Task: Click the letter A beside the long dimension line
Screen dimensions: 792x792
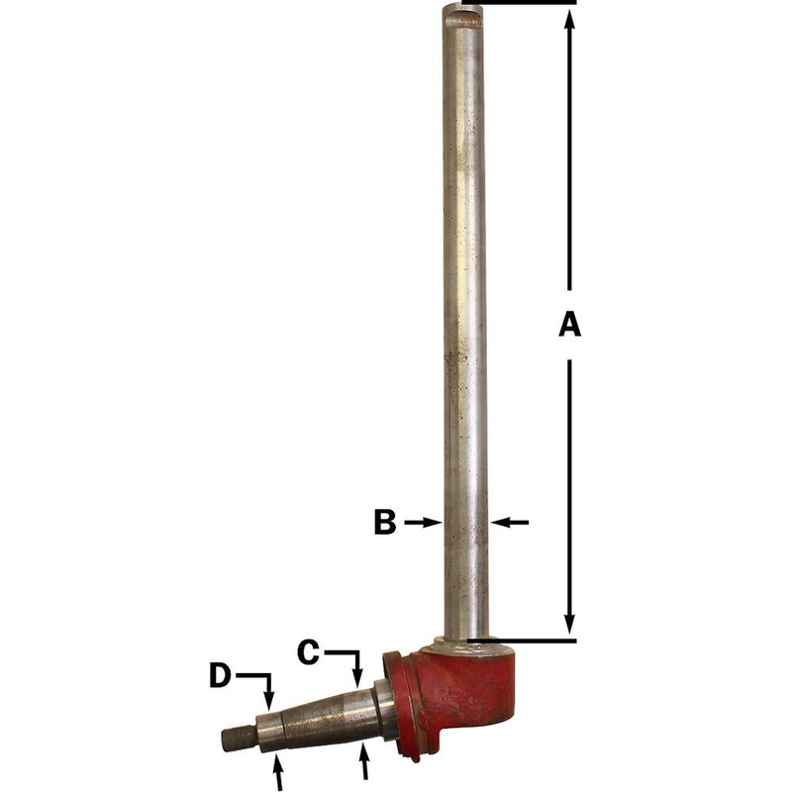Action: (568, 324)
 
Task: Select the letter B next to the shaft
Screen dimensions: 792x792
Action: (385, 522)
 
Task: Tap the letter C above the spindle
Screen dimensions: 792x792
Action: (309, 651)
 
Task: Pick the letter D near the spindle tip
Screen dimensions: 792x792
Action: (220, 676)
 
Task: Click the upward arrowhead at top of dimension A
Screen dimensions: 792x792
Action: (569, 22)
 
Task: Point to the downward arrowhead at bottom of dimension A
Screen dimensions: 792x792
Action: (569, 622)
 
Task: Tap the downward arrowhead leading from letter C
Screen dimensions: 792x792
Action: (356, 679)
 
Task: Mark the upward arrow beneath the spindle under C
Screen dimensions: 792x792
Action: (366, 758)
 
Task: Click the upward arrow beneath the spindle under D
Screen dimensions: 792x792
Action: (278, 767)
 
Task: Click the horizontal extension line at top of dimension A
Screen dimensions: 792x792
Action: (525, 3)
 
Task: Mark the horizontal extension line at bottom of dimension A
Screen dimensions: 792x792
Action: (525, 641)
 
